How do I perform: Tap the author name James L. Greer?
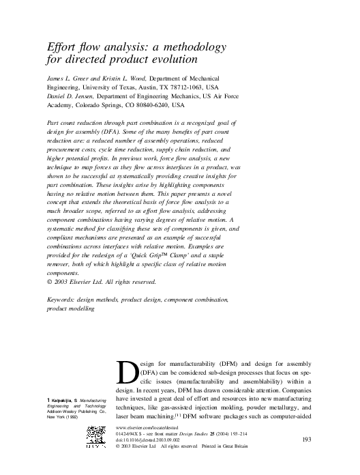coord(66,78)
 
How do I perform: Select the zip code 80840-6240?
coord(148,106)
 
